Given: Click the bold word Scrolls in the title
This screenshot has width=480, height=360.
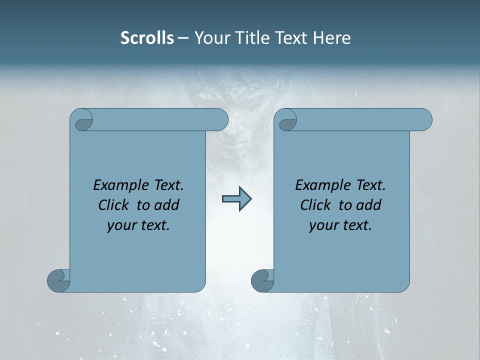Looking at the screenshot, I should [x=147, y=38].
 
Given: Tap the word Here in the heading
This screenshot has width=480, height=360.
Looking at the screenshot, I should [x=332, y=38].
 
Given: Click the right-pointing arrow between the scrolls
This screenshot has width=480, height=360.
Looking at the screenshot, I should [x=236, y=199].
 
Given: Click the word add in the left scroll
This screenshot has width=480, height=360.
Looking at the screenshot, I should [x=167, y=205].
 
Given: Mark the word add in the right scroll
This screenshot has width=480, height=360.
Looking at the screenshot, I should [x=369, y=205].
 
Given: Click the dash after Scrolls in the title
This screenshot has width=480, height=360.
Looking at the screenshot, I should [x=183, y=38].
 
